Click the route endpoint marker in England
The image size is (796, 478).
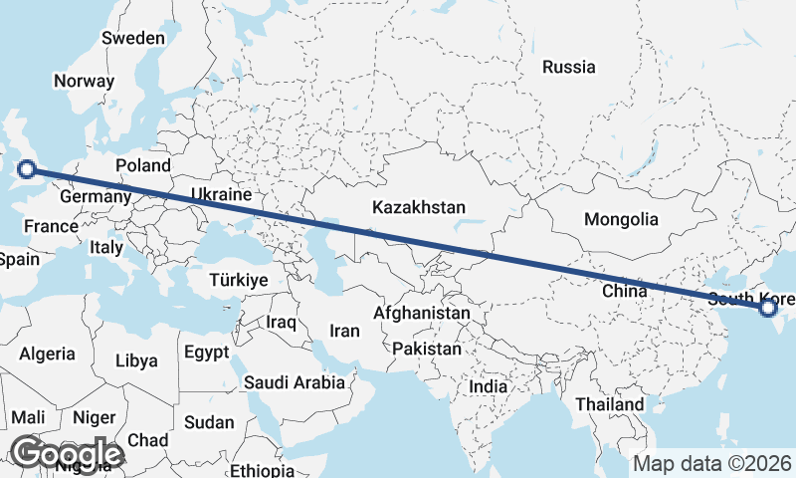pyautogui.click(x=28, y=169)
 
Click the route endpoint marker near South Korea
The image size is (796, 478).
pyautogui.click(x=768, y=308)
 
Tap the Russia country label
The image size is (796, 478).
pyautogui.click(x=569, y=68)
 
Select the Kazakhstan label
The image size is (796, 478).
pyautogui.click(x=419, y=208)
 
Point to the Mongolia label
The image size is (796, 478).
pyautogui.click(x=621, y=219)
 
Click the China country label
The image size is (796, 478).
pyautogui.click(x=625, y=291)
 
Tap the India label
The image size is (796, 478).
pyautogui.click(x=489, y=386)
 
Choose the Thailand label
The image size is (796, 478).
pyautogui.click(x=609, y=404)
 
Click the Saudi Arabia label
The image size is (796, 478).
pyautogui.click(x=295, y=382)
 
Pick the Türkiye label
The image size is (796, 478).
pyautogui.click(x=239, y=280)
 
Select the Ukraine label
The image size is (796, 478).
pyautogui.click(x=221, y=194)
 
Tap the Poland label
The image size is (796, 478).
pyautogui.click(x=143, y=165)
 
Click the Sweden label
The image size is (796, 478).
pyautogui.click(x=133, y=38)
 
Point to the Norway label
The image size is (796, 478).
pyautogui.click(x=86, y=82)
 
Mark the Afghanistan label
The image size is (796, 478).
pyautogui.click(x=421, y=313)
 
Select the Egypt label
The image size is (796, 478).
pyautogui.click(x=207, y=352)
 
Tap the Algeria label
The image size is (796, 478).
pyautogui.click(x=48, y=354)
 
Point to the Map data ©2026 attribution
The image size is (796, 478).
pyautogui.click(x=712, y=464)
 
